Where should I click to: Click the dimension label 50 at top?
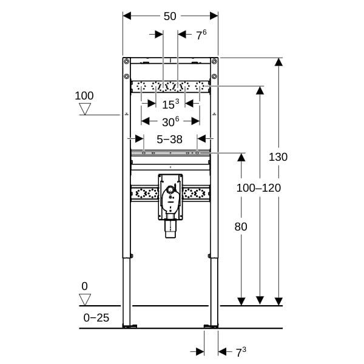tap(170, 16)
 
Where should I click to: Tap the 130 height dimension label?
tap(278, 157)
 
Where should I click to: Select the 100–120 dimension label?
tap(258, 188)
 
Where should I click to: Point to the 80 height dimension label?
tap(241, 226)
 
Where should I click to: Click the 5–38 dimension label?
tap(169, 139)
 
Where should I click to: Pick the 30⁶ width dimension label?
tap(170, 121)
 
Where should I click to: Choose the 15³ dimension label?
tap(170, 104)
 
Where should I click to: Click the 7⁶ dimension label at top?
tap(201, 35)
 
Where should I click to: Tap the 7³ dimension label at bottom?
tap(240, 351)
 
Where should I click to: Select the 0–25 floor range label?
tap(96, 317)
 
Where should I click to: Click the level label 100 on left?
tap(84, 95)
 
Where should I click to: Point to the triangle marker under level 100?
tap(85, 109)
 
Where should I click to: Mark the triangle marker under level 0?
tap(85, 299)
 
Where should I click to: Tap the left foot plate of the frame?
tap(128, 326)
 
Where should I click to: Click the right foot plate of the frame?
tap(212, 326)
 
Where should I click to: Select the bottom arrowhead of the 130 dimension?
tap(278, 301)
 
